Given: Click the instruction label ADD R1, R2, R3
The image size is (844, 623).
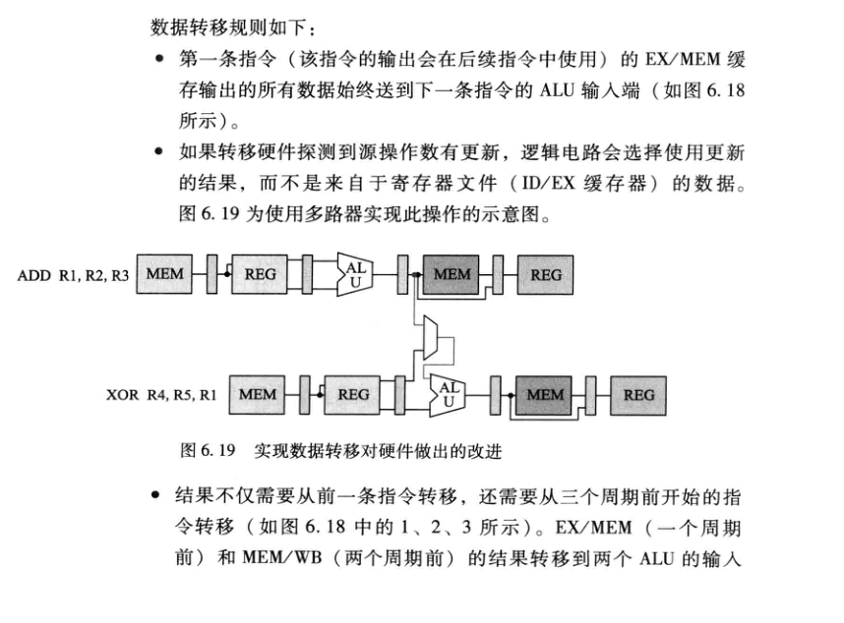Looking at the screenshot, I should click(x=73, y=276).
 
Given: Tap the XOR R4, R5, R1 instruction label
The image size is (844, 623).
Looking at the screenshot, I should click(x=162, y=396).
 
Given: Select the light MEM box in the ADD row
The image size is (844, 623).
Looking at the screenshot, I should click(x=164, y=275).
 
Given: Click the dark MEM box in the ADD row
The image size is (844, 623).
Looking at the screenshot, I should click(x=452, y=275).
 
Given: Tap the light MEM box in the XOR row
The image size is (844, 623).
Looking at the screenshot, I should click(x=257, y=395).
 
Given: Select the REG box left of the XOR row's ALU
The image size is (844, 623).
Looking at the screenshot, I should click(x=353, y=395).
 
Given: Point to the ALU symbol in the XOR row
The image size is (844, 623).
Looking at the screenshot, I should click(x=448, y=394).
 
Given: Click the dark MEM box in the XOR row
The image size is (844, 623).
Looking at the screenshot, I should click(x=545, y=395).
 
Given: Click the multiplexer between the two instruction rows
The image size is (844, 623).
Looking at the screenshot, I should click(x=427, y=341).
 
